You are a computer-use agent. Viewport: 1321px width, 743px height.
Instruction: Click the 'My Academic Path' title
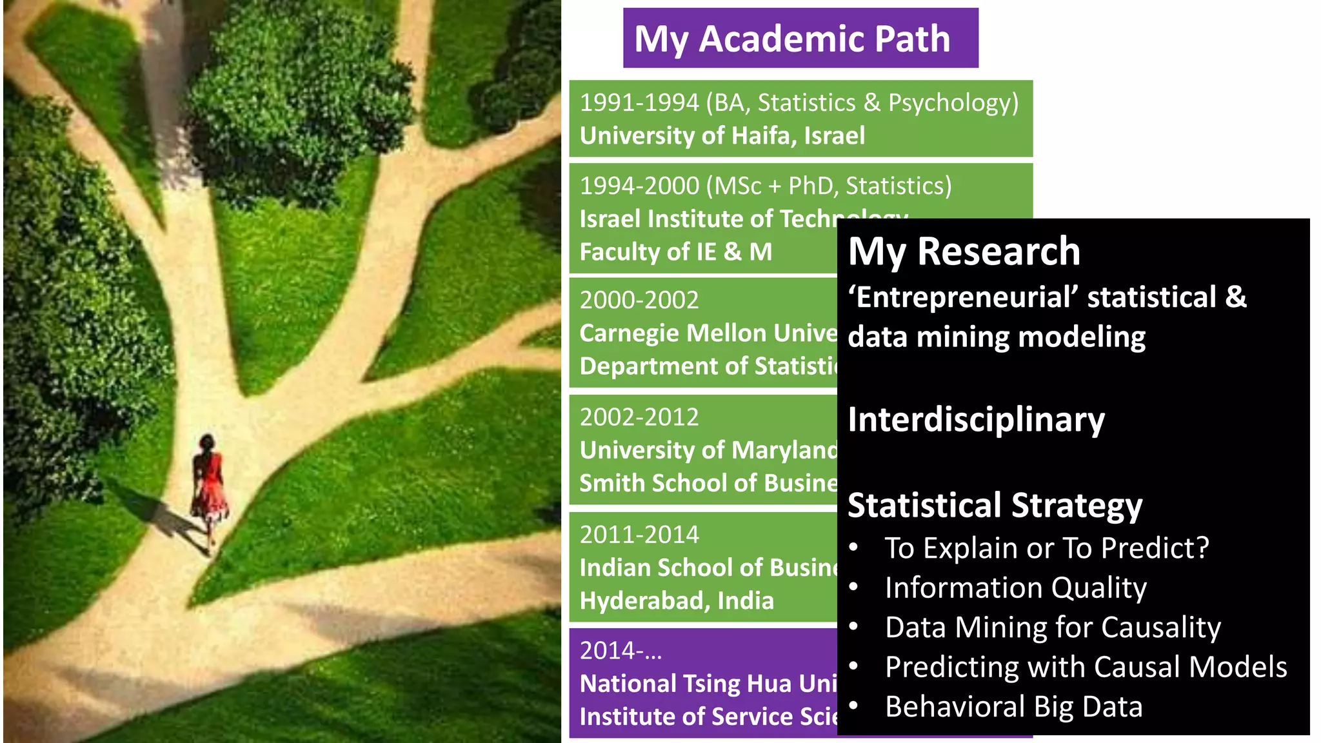(792, 39)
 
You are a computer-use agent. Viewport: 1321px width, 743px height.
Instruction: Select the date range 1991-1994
(639, 103)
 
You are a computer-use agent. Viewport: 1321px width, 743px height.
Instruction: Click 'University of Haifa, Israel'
(722, 136)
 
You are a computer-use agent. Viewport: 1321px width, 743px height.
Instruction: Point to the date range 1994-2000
(639, 186)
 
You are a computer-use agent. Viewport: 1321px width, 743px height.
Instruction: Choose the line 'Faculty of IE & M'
(675, 252)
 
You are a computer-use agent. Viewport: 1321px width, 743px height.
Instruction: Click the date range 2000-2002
(639, 300)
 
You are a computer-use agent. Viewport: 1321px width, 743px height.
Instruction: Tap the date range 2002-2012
(639, 417)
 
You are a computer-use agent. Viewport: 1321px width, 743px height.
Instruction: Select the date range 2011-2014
(639, 535)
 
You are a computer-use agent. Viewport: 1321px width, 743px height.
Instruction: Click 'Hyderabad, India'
(676, 601)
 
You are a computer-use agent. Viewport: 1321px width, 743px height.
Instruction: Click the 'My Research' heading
(964, 251)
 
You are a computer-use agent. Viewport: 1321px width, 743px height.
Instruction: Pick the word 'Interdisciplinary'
(976, 420)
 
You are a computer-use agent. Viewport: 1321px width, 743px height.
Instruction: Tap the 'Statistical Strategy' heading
(995, 505)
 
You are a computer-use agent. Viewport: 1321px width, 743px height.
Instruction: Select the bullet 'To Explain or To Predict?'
(1046, 548)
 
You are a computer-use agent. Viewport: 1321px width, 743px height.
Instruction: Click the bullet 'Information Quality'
(1015, 588)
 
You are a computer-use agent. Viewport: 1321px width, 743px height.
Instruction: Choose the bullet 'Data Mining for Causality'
(1053, 628)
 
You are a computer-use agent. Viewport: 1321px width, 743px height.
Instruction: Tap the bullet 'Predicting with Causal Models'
(1086, 667)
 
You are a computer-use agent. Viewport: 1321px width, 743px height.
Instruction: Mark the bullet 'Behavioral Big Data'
(1013, 707)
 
